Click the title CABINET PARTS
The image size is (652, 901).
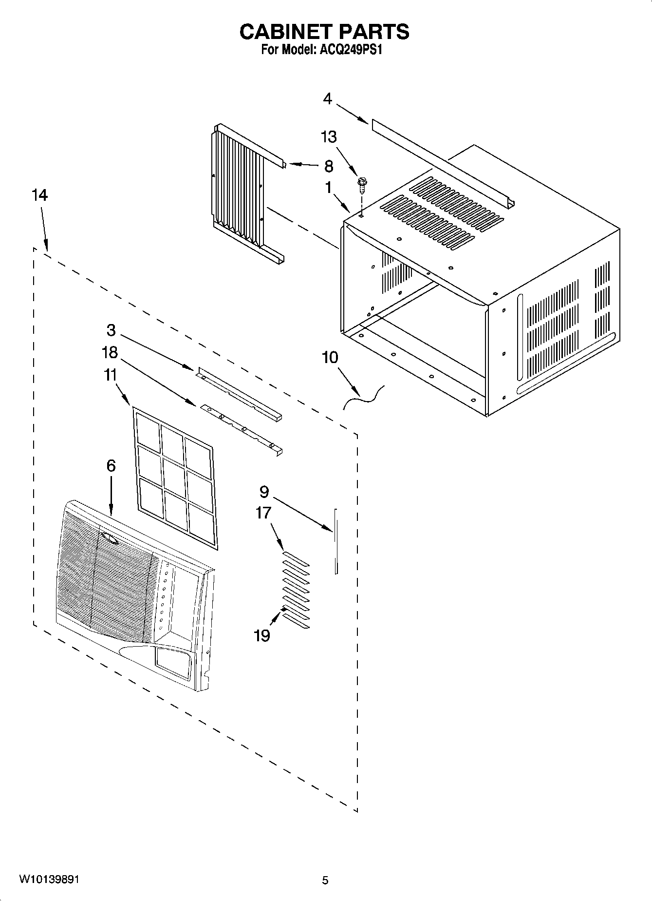pyautogui.click(x=324, y=32)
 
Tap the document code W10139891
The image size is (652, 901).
pyautogui.click(x=49, y=879)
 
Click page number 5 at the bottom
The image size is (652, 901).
pyautogui.click(x=325, y=880)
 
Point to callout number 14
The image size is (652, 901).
pyautogui.click(x=39, y=195)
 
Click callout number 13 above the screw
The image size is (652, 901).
pyautogui.click(x=329, y=137)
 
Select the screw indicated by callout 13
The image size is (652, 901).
pyautogui.click(x=362, y=183)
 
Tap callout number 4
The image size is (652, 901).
pyautogui.click(x=327, y=99)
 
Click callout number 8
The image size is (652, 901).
pyautogui.click(x=329, y=166)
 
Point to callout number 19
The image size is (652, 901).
pyautogui.click(x=262, y=635)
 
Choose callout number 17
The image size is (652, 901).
pyautogui.click(x=263, y=513)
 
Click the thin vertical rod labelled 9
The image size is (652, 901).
pyautogui.click(x=335, y=541)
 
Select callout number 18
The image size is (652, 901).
pyautogui.click(x=110, y=352)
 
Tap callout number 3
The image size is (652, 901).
pyautogui.click(x=111, y=330)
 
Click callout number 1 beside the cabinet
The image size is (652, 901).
pyautogui.click(x=328, y=187)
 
